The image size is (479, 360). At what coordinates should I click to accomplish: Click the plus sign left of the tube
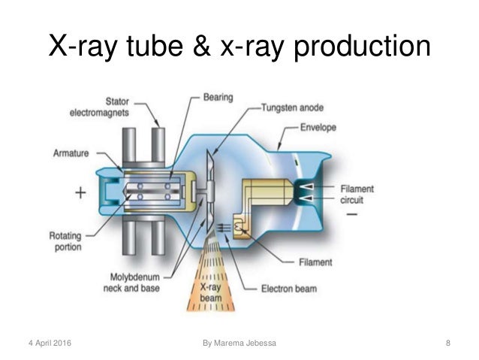coord(81,192)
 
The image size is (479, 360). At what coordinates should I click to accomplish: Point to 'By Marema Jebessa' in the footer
coord(239,343)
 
